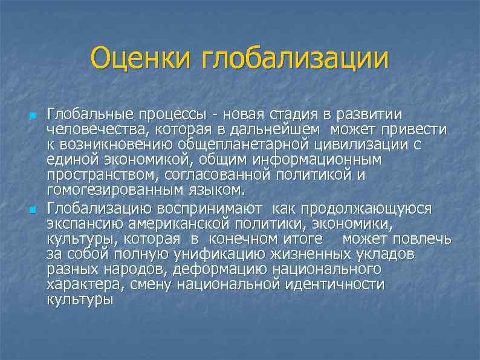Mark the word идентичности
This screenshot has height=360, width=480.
(x=334, y=284)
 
